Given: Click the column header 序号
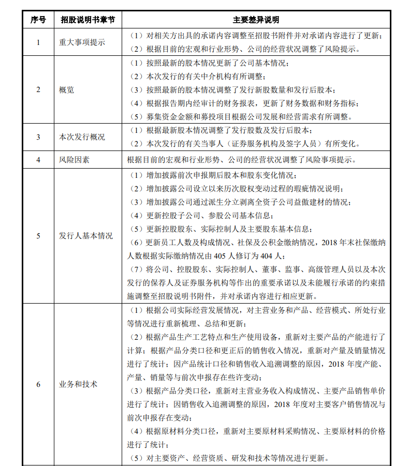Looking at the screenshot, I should [38, 20].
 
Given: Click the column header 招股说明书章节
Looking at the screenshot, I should [87, 20].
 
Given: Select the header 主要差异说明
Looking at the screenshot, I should [256, 20].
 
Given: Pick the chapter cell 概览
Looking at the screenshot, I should [67, 89].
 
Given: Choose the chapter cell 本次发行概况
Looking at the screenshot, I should [82, 137].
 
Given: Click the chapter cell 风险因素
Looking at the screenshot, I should [74, 160].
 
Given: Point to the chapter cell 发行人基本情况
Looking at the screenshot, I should [85, 236].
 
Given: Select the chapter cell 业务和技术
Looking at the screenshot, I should [78, 384].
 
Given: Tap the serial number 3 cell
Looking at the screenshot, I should [38, 137].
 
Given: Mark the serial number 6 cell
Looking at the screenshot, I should [38, 384].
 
